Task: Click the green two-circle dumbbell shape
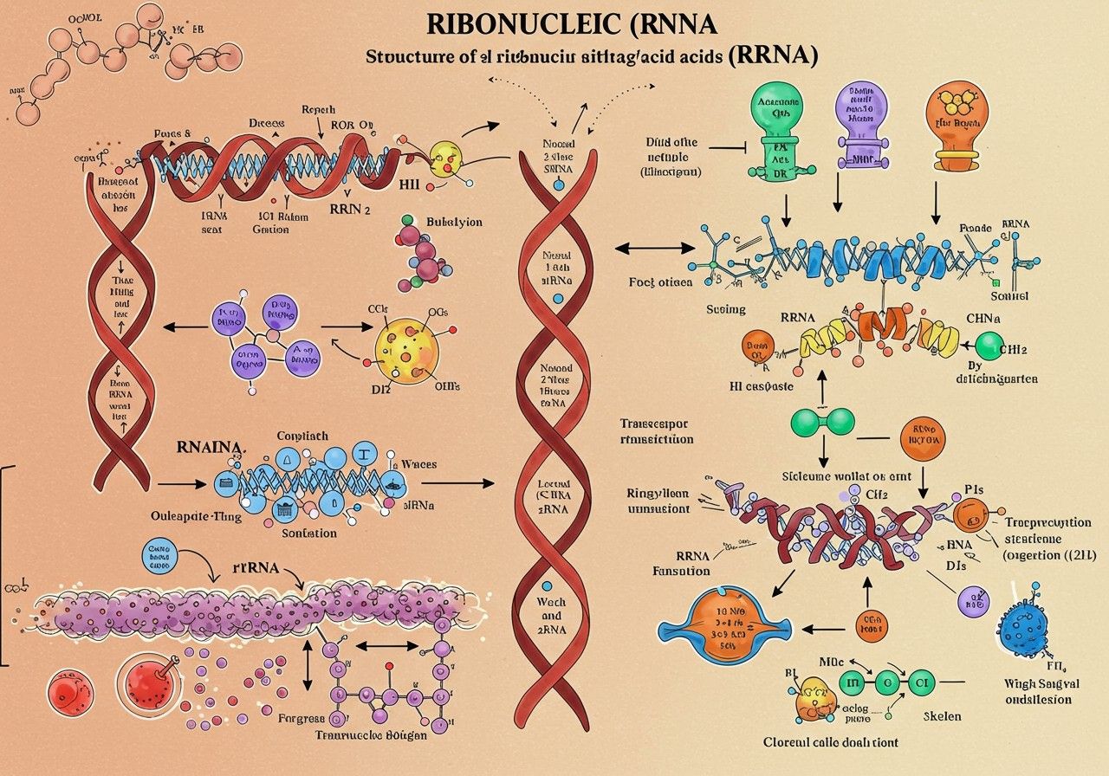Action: (822, 422)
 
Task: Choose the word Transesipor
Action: (656, 424)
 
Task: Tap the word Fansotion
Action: (681, 571)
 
